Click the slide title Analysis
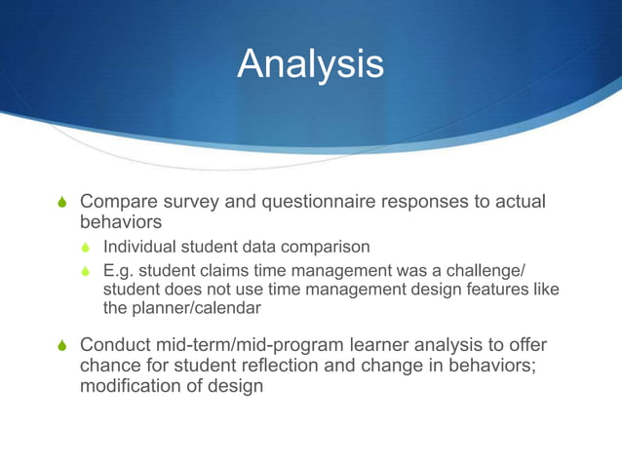coord(310,65)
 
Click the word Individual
coord(138,247)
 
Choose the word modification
coord(128,386)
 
